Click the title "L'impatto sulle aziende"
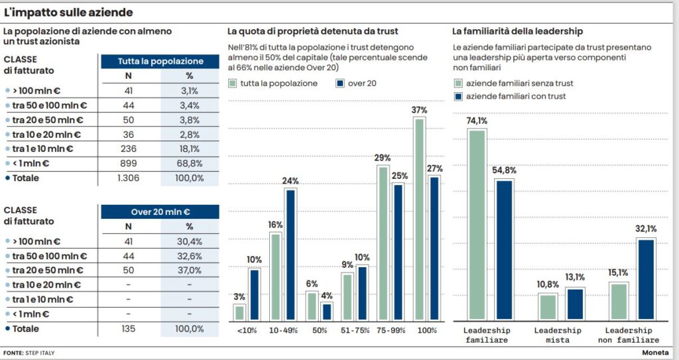pyautogui.click(x=68, y=13)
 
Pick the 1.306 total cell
pyautogui.click(x=128, y=178)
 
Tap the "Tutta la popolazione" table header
pyautogui.click(x=160, y=61)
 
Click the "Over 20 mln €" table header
pyautogui.click(x=160, y=211)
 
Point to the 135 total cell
pyautogui.click(x=128, y=329)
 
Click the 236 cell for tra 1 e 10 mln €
pyautogui.click(x=128, y=149)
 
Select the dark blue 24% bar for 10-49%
pyautogui.click(x=290, y=255)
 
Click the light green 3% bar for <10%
pyautogui.click(x=239, y=312)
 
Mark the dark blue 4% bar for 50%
pyautogui.click(x=326, y=311)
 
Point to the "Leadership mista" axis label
pyautogui.click(x=557, y=335)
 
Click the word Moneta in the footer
pyautogui.click(x=655, y=353)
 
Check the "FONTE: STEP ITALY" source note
pyautogui.click(x=29, y=353)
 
